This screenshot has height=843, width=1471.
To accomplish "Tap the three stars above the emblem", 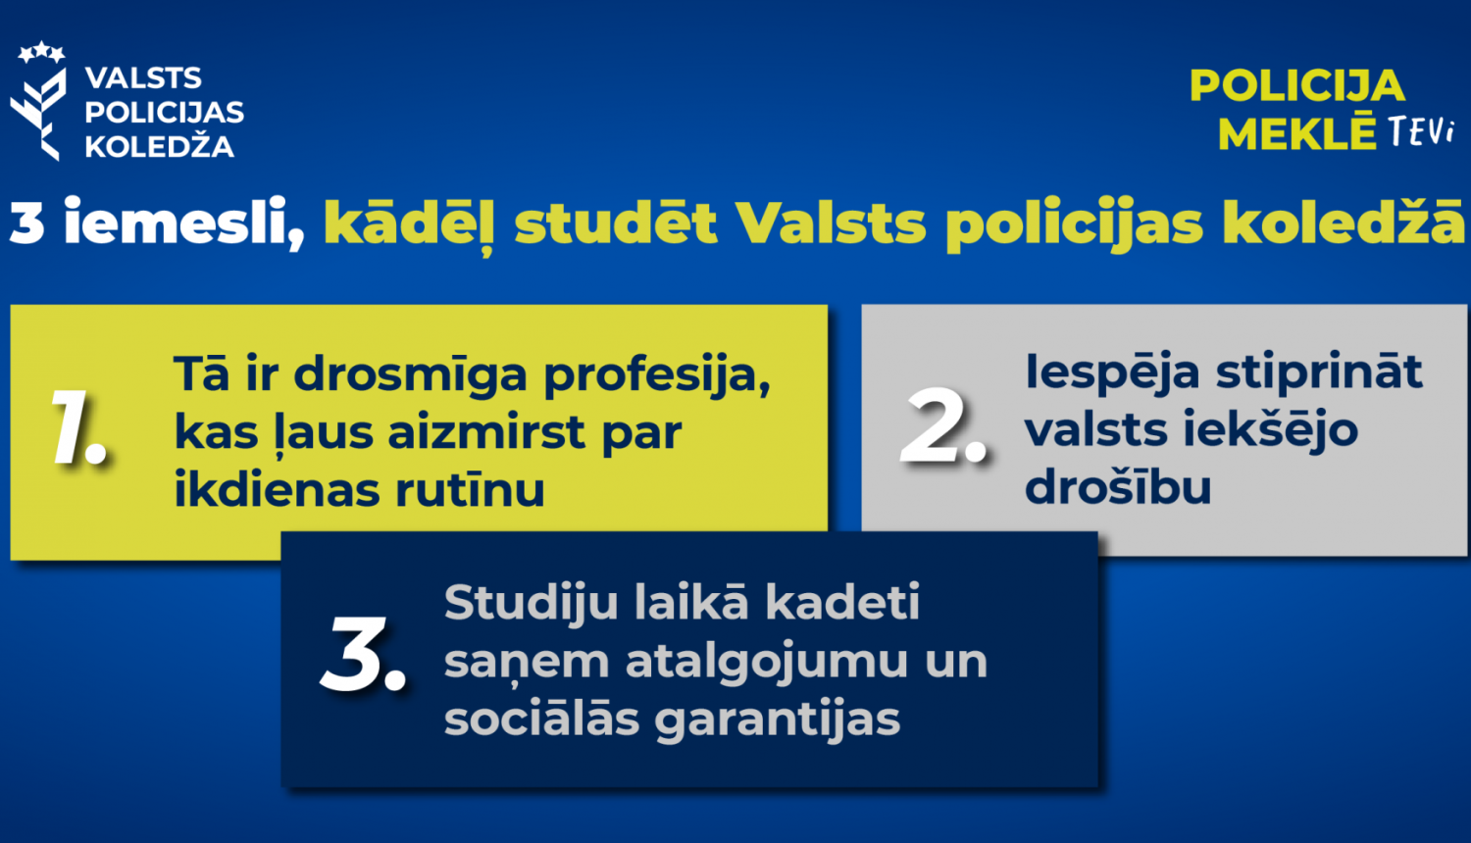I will [x=41, y=52].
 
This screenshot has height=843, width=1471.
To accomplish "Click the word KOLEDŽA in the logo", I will [x=159, y=147].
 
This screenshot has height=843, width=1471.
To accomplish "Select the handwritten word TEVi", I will [x=1420, y=132].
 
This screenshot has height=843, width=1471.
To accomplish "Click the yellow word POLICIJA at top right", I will [x=1296, y=86].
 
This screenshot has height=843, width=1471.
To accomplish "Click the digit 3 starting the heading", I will [x=27, y=223].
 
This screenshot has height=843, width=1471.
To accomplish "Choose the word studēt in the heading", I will [x=616, y=223].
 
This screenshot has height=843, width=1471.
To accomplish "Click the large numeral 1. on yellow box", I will [x=78, y=429].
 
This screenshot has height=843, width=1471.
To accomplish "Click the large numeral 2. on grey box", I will [x=941, y=427].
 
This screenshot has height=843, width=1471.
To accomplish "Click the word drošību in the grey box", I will [x=1118, y=487].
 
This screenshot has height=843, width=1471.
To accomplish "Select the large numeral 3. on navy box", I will [x=363, y=657].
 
